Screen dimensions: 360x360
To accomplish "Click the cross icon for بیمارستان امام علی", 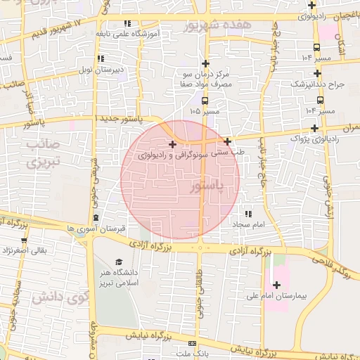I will click(x=276, y=285).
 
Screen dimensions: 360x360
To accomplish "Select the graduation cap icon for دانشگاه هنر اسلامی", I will click(x=118, y=262).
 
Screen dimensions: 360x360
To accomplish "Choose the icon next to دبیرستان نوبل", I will click(x=100, y=58).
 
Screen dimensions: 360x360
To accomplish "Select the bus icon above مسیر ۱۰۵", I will click(x=205, y=101).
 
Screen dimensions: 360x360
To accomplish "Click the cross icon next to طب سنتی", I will click(x=228, y=141).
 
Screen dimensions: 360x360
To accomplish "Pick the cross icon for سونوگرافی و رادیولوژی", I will click(x=172, y=144).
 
